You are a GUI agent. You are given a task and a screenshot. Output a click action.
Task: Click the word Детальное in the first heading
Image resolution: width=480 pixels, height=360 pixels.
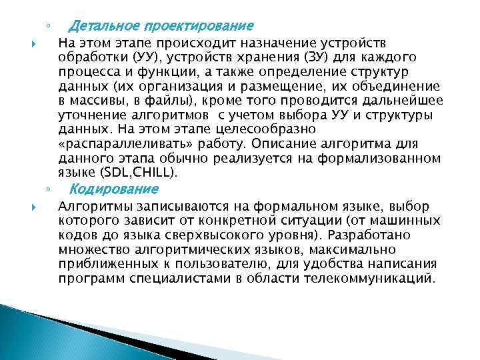tap(100, 27)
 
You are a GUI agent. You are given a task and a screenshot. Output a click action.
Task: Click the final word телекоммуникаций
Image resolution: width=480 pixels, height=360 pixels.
tap(379, 279)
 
